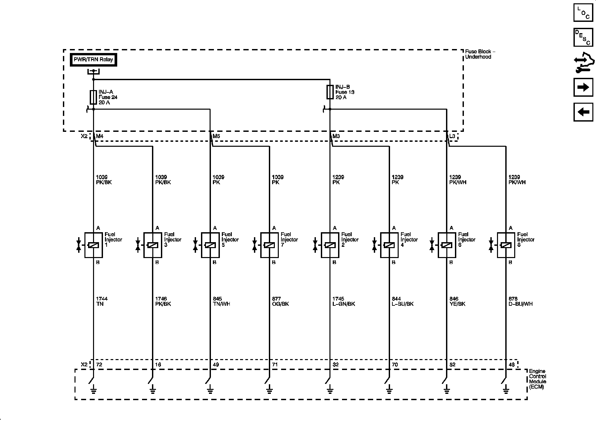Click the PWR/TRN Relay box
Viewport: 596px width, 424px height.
tap(93, 60)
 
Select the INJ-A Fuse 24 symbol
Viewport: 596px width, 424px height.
tap(93, 97)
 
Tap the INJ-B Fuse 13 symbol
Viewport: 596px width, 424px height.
tap(330, 92)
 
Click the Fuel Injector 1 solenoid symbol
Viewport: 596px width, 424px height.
tap(93, 245)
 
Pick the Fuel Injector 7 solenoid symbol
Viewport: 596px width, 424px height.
tap(269, 245)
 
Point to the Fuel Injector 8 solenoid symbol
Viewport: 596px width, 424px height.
tap(506, 245)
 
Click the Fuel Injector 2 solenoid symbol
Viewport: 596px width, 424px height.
tap(330, 245)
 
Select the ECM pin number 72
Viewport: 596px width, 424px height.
tap(99, 365)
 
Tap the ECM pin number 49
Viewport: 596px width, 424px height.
tap(216, 365)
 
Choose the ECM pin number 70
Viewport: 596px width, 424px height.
tap(395, 365)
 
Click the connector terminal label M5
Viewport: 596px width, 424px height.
tap(216, 136)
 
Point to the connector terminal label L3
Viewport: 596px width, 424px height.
tap(452, 136)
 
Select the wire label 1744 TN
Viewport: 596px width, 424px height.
tap(102, 301)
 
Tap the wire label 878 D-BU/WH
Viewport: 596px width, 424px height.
tap(521, 301)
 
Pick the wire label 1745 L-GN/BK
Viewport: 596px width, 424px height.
tap(343, 301)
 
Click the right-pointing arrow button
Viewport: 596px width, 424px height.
tap(583, 87)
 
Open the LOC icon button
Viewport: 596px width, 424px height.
tap(583, 13)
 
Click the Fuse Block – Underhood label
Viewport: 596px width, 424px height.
tap(480, 54)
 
